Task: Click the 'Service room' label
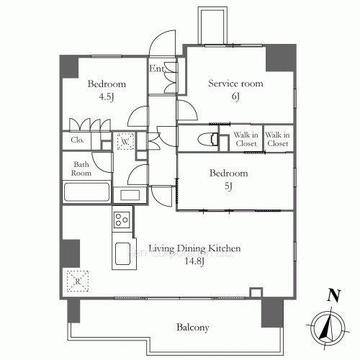pos(236,84)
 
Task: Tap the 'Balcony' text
pos(192,327)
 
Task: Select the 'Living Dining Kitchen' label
pos(194,249)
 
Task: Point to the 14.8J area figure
pos(194,261)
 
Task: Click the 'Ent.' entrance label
pos(157,69)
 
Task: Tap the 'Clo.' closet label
pos(77,140)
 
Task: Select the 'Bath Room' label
pos(81,168)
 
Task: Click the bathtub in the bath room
pos(86,193)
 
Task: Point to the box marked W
pos(125,142)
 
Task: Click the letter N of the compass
pos(333,295)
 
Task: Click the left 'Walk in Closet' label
pos(247,139)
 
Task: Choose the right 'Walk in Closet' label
pos(277,139)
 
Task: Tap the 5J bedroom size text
pos(228,186)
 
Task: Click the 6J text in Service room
pos(236,96)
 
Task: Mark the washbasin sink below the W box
pos(130,194)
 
